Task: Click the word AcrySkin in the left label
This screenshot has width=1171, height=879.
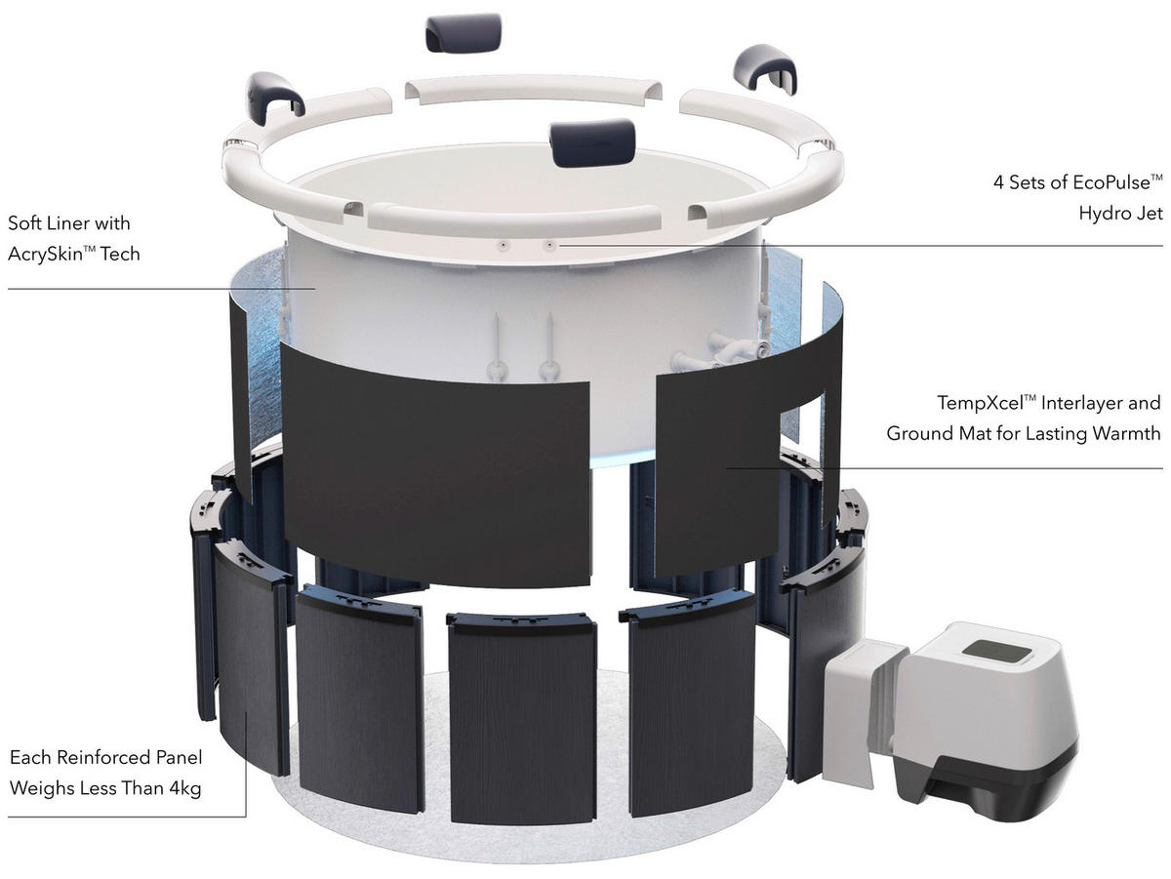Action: (49, 256)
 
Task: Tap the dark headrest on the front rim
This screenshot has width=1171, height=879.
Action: (584, 144)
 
